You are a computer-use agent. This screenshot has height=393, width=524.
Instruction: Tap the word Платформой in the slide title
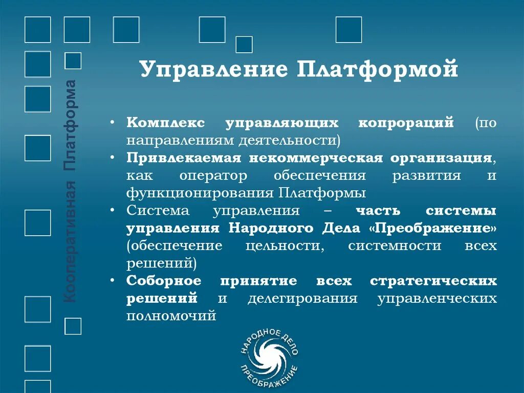[x=377, y=70]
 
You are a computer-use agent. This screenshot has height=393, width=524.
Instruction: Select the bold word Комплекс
[x=166, y=123]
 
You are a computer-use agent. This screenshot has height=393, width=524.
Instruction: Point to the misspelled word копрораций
[x=406, y=123]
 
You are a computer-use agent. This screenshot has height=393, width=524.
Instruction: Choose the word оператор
[x=213, y=176]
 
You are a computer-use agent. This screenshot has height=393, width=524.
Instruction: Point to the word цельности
[x=285, y=245]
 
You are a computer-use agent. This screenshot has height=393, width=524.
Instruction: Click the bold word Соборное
[x=164, y=281]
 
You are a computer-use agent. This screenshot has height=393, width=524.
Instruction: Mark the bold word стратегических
[x=433, y=281]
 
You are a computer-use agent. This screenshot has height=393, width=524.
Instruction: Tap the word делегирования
[x=302, y=299]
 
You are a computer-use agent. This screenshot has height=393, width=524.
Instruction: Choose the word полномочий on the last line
[x=171, y=316]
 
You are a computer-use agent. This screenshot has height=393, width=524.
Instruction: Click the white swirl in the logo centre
[x=269, y=359]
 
